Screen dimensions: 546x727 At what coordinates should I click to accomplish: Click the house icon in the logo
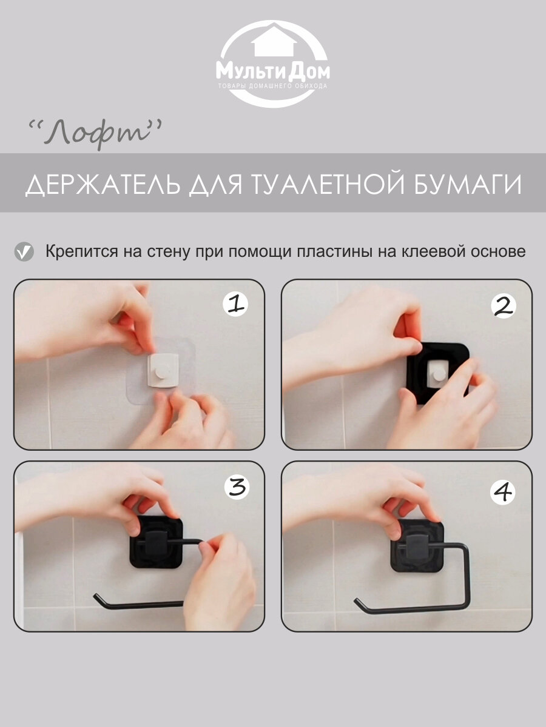pyautogui.click(x=274, y=41)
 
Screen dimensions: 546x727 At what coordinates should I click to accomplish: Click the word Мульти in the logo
pyautogui.click(x=251, y=71)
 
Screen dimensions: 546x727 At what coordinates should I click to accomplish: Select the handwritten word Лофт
pyautogui.click(x=95, y=134)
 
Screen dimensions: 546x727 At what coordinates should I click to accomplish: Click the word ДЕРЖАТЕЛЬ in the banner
pyautogui.click(x=103, y=185)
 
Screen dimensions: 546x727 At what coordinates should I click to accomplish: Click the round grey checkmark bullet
pyautogui.click(x=24, y=252)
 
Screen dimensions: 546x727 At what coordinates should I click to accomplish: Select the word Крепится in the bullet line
pyautogui.click(x=81, y=252)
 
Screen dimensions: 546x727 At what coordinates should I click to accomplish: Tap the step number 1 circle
pyautogui.click(x=235, y=304)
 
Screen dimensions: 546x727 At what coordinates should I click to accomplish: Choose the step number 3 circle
pyautogui.click(x=237, y=488)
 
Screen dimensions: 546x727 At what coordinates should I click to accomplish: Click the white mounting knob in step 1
pyautogui.click(x=163, y=371)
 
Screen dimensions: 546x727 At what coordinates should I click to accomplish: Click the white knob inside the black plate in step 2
pyautogui.click(x=438, y=373)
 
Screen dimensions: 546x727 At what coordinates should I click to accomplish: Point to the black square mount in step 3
pyautogui.click(x=156, y=542)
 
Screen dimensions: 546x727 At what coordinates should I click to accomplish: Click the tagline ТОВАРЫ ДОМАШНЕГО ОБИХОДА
pyautogui.click(x=273, y=86)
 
